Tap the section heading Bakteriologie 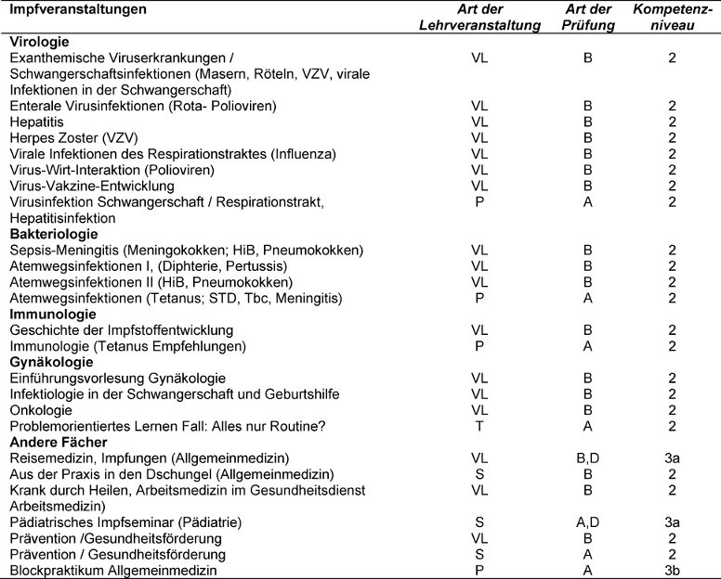[52, 235]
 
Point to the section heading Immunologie [49, 314]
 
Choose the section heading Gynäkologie [49, 361]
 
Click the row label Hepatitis [33, 122]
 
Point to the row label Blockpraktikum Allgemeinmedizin [112, 571]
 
